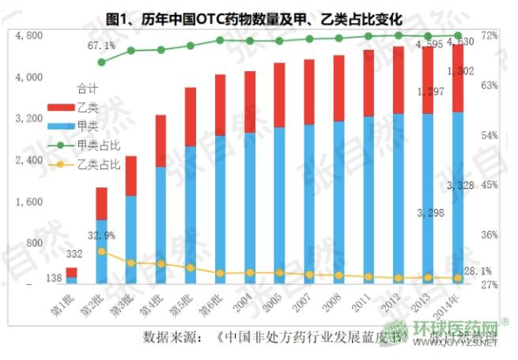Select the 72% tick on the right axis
coord(488,36)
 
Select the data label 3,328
coord(461,185)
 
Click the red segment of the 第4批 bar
coord(161,141)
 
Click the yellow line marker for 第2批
coord(101,251)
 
